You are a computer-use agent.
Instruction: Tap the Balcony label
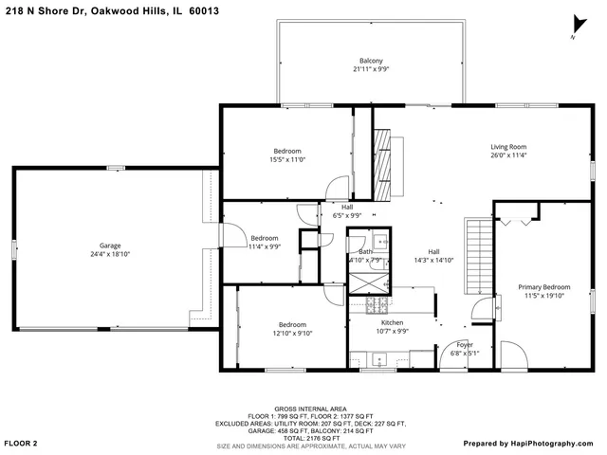tap(370, 60)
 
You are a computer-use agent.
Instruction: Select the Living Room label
tap(508, 147)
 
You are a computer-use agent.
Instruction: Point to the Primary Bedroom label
tap(544, 286)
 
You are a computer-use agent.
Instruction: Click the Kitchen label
tap(393, 322)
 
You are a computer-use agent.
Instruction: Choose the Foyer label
tap(465, 345)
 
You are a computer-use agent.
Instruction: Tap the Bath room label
tap(366, 251)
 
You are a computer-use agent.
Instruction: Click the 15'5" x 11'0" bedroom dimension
tap(287, 160)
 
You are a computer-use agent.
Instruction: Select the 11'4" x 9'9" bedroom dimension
tap(264, 246)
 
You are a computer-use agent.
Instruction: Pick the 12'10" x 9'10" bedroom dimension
tap(292, 333)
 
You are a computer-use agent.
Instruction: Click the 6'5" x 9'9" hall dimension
tap(347, 215)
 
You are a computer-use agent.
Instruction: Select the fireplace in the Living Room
tap(381, 167)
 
